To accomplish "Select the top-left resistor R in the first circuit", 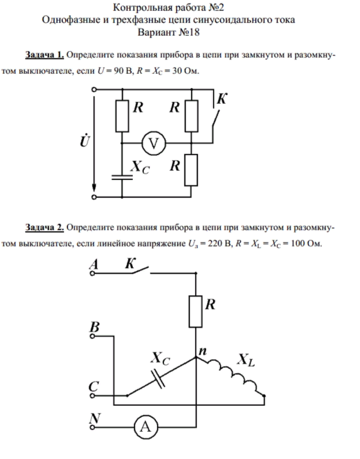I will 121,115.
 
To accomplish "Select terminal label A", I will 94,264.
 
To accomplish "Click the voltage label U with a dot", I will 84,141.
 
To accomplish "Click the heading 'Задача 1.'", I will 45,56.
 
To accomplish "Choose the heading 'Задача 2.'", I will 45,227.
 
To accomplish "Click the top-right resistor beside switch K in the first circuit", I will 191,115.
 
